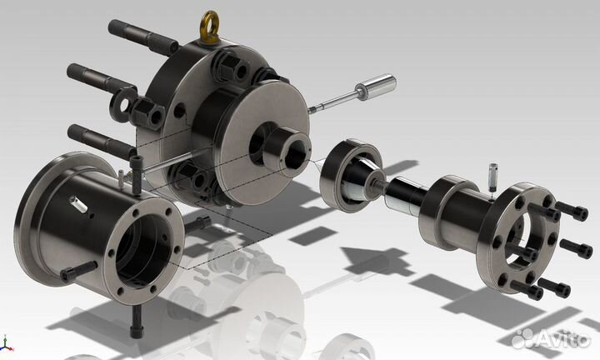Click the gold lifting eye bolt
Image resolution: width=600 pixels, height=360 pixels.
[x=210, y=27]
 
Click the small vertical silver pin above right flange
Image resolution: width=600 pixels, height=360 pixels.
[x=492, y=177]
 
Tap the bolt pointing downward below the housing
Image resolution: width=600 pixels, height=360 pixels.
[x=137, y=322]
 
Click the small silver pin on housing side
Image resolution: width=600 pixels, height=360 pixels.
[x=78, y=205]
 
